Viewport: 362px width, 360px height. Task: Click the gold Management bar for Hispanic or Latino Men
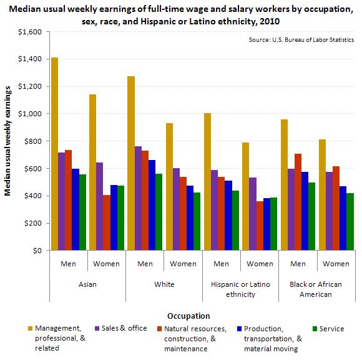pyautogui.click(x=207, y=182)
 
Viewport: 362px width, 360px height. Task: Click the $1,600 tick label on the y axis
pyautogui.click(x=30, y=31)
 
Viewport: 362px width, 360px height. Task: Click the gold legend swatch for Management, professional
pyautogui.click(x=31, y=329)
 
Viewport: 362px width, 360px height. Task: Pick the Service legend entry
pyautogui.click(x=331, y=329)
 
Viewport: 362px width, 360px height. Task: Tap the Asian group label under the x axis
pyautogui.click(x=87, y=284)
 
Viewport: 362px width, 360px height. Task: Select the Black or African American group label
pyautogui.click(x=317, y=288)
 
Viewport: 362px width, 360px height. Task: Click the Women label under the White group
pyautogui.click(x=183, y=264)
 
